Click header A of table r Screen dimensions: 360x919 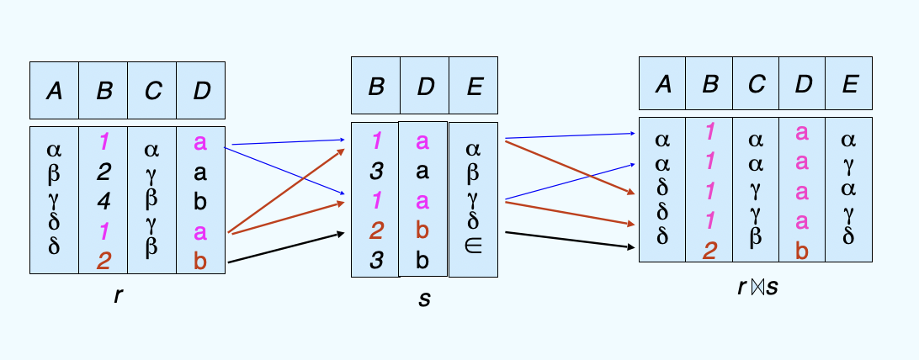pos(54,90)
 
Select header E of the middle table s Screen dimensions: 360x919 pos(473,87)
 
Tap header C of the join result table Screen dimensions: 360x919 pos(756,83)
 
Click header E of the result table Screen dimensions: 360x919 pos(848,83)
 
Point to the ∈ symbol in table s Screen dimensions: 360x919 pos(473,242)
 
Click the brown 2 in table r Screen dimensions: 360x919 pos(104,261)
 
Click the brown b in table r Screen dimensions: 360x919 pos(200,261)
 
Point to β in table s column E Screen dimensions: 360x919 pos(473,172)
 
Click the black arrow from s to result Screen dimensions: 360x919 pos(568,240)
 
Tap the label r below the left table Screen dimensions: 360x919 pos(118,295)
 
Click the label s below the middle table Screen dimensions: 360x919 pos(424,299)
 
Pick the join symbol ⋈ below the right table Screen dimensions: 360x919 pos(754,287)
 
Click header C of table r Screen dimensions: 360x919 pos(152,90)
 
